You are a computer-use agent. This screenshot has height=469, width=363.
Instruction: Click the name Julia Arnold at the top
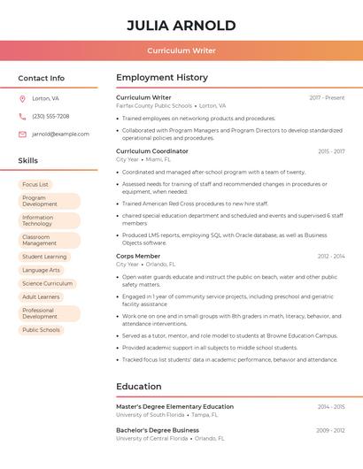(181, 25)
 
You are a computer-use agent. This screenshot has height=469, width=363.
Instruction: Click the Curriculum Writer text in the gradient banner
(181, 51)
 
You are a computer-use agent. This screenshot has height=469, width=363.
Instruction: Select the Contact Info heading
(42, 78)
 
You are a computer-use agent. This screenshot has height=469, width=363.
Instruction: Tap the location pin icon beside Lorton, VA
(22, 99)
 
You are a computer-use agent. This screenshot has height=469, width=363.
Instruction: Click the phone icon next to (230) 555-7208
(22, 117)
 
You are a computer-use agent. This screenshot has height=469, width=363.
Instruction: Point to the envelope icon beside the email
(22, 135)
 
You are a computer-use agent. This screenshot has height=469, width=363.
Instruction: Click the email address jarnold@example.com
(60, 135)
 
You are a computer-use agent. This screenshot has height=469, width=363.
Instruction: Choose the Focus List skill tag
(35, 185)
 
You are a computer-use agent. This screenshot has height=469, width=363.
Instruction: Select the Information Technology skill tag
(49, 220)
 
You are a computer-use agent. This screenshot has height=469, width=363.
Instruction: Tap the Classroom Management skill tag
(49, 240)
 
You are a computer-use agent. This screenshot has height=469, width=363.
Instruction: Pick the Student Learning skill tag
(44, 257)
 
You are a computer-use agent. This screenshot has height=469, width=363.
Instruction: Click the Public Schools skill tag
(41, 330)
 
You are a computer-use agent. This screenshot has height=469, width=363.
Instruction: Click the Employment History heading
(162, 78)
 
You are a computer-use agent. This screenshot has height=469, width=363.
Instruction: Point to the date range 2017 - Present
(327, 97)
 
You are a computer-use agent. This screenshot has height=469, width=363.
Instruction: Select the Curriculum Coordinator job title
(152, 151)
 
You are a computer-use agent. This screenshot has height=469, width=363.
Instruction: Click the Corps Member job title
(138, 256)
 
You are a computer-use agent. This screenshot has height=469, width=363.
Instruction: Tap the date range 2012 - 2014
(331, 256)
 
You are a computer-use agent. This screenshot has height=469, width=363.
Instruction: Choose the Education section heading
(139, 387)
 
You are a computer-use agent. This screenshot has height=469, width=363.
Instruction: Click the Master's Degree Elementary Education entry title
(174, 406)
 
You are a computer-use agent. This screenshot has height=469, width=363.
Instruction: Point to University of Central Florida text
(151, 438)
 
